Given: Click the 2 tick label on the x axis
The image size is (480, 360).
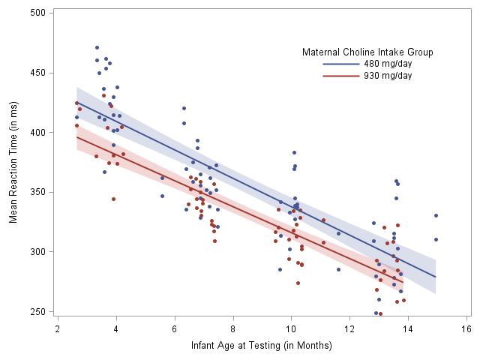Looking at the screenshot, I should pos(58,328).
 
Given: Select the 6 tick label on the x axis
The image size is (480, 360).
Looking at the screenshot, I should pos(175,328).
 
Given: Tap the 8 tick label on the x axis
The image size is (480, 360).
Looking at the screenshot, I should pos(233,328).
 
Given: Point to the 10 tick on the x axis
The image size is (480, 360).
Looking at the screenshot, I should pos(292,328).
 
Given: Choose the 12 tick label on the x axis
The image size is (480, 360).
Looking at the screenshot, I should pos(350,328).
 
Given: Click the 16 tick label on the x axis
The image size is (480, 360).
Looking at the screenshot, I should pos(467,328).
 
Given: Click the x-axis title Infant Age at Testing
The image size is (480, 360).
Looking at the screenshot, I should pos(262,346).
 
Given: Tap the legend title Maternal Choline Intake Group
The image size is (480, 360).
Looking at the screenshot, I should pos(367,52).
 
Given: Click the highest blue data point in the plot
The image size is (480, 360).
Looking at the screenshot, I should pos(97,47).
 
